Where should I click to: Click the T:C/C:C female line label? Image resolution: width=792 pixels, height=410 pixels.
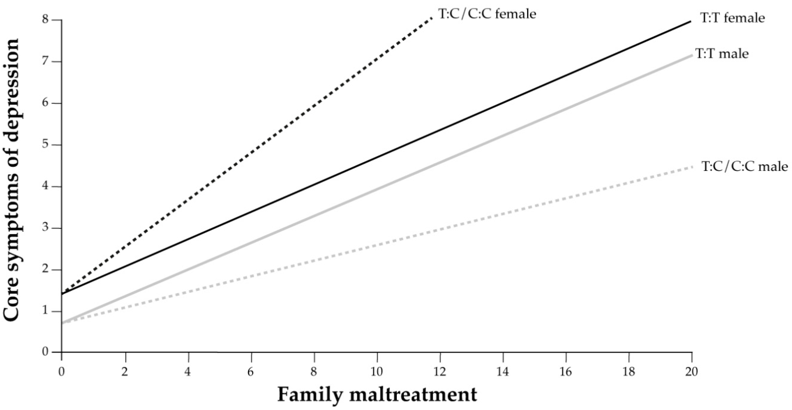click(487, 14)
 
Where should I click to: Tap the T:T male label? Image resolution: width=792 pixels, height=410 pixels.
click(722, 54)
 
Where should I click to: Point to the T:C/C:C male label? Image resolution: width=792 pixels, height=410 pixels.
click(745, 167)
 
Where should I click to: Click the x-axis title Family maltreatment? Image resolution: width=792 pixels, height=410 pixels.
click(377, 395)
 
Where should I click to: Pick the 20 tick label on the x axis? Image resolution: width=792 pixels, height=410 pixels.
click(691, 372)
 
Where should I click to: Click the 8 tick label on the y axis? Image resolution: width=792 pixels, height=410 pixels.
click(46, 20)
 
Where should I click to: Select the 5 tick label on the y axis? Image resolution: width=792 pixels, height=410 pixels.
click(46, 145)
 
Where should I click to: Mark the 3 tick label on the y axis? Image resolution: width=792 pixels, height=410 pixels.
click(46, 228)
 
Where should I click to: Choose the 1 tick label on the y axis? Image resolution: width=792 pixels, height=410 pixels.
click(46, 311)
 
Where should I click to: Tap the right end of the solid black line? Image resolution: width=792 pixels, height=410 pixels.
click(691, 22)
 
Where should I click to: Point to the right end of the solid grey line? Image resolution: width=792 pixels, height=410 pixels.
click(692, 56)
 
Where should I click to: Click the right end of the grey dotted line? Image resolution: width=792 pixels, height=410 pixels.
click(692, 167)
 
